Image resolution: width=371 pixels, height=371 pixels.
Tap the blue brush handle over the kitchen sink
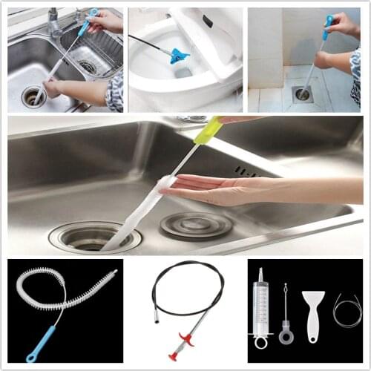pos(88,23)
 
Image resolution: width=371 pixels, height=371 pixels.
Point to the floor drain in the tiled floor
pos(303,94)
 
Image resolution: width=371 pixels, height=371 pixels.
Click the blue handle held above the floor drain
pos(327,27)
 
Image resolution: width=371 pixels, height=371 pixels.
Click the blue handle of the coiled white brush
pos(41,343)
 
